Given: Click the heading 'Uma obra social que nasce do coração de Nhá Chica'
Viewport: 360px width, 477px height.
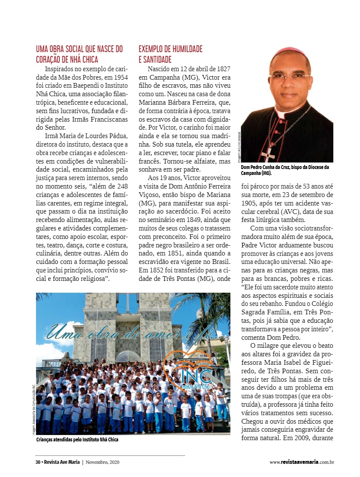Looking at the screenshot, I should tap(79, 54).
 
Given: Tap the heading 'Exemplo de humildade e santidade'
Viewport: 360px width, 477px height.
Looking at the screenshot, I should tap(170, 54).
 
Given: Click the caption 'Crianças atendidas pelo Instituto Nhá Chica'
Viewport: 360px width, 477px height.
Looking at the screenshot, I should tap(77, 440).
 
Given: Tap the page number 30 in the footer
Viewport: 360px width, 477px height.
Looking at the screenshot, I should tap(38, 462).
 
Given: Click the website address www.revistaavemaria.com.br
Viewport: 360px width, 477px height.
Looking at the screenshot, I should tap(302, 462).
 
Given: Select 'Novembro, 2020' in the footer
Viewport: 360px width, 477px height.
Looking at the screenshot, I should tap(102, 462).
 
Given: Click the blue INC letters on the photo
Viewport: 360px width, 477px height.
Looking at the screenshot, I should tap(196, 375).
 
